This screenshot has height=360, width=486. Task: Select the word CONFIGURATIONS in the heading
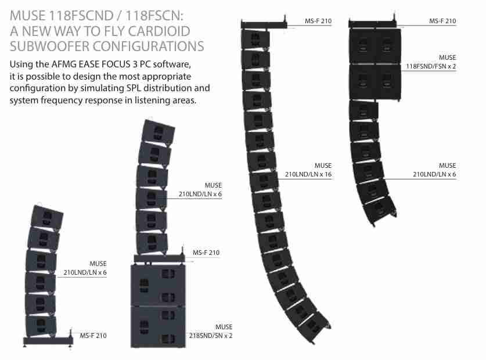pos(148,46)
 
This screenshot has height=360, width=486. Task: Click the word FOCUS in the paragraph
pos(117,64)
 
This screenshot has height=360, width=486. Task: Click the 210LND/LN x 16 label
pos(308,174)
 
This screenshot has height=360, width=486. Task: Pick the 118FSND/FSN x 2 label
pos(431,66)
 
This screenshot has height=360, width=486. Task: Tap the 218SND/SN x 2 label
pos(210,336)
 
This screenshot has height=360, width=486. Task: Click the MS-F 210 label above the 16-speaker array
pos(318,21)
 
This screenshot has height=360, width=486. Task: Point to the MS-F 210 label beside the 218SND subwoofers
pos(206,253)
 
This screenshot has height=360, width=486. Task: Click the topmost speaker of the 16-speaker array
pos(255,39)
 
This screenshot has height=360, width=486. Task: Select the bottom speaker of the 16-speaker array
pos(314,327)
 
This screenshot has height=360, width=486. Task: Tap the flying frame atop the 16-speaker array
pos(264,24)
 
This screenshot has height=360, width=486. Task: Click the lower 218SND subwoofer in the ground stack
pos(158,326)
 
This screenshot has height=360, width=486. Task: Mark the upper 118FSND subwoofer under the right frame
pos(375,46)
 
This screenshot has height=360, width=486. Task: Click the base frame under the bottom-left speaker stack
pos(48,340)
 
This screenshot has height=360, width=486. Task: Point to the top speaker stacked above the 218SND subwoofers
pos(158,132)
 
